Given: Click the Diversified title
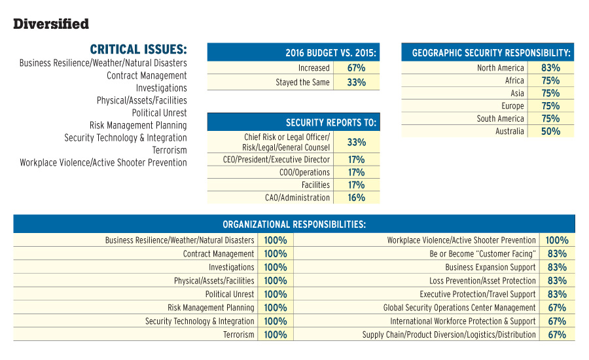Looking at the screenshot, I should pyautogui.click(x=51, y=24).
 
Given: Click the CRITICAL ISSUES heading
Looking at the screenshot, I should pyautogui.click(x=138, y=50).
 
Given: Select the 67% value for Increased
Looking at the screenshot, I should pyautogui.click(x=356, y=67).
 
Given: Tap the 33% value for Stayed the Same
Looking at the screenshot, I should pyautogui.click(x=356, y=82).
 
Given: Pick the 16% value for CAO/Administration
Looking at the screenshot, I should pyautogui.click(x=356, y=198).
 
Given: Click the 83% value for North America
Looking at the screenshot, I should pyautogui.click(x=550, y=67).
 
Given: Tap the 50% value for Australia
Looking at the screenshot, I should pyautogui.click(x=550, y=131).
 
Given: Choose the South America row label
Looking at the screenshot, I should pyautogui.click(x=500, y=118).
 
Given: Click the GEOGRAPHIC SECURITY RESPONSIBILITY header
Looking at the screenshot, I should pyautogui.click(x=491, y=53).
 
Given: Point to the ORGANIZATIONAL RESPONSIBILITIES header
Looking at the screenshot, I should pyautogui.click(x=294, y=224).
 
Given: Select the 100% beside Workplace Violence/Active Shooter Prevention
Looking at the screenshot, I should pyautogui.click(x=557, y=240).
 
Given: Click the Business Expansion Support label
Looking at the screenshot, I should pyautogui.click(x=490, y=267).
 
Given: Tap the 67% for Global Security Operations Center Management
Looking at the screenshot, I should pyautogui.click(x=557, y=308).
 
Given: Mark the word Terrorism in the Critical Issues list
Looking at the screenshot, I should pyautogui.click(x=169, y=150).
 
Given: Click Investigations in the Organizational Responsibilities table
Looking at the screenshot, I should pyautogui.click(x=232, y=267).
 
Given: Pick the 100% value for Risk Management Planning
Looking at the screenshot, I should pyautogui.click(x=276, y=308).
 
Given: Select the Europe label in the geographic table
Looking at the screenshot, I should pyautogui.click(x=513, y=106).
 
